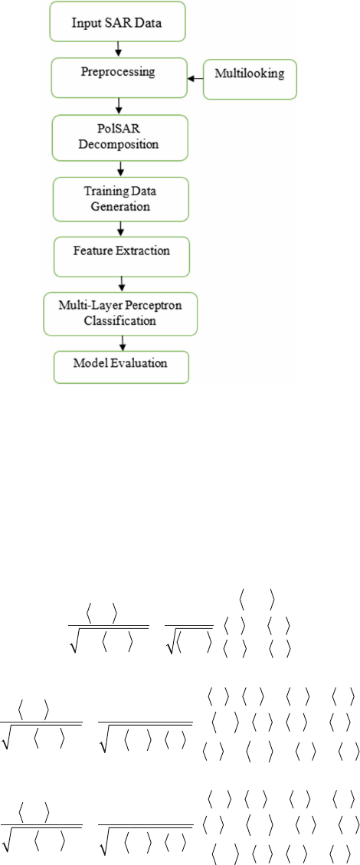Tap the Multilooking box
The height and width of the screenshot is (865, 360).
(x=250, y=80)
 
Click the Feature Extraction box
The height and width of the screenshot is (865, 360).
(x=120, y=256)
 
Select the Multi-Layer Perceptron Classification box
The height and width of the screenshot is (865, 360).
(x=121, y=314)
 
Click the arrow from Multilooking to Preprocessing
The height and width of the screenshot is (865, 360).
(x=196, y=80)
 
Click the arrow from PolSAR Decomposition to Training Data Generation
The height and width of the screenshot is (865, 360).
(x=120, y=167)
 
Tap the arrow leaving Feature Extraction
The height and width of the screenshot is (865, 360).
(x=121, y=284)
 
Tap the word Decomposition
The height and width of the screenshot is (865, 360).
(x=120, y=145)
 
